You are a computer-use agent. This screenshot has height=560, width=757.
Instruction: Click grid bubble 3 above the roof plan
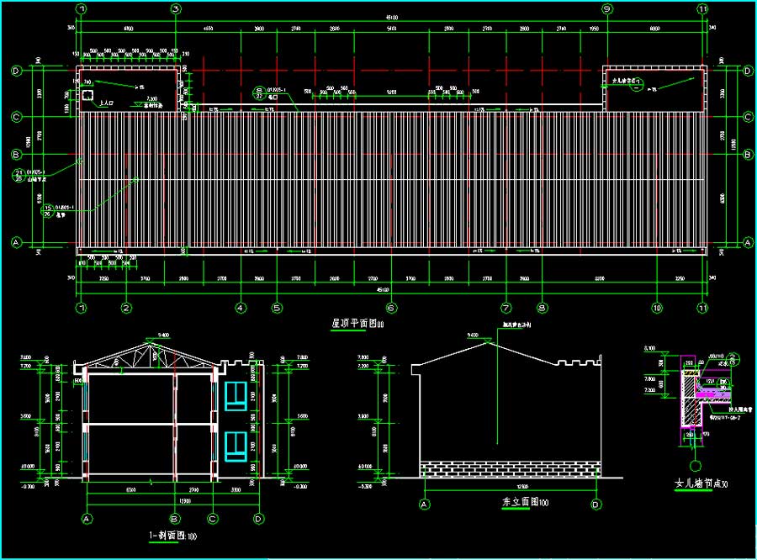[177, 8]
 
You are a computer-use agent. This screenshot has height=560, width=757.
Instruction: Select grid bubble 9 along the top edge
[606, 8]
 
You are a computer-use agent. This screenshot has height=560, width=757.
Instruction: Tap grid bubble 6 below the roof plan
[390, 308]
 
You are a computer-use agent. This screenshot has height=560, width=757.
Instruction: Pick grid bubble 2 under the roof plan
[126, 308]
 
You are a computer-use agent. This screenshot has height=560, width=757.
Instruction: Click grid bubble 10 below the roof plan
[656, 308]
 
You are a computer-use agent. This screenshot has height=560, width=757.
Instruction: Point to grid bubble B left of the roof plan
[15, 155]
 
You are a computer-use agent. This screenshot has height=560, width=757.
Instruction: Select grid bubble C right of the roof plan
[748, 117]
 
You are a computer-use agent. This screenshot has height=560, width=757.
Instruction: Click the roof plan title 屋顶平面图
[353, 324]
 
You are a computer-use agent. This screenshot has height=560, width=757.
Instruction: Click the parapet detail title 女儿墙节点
[697, 485]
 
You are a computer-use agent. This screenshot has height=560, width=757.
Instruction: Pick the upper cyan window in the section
[236, 397]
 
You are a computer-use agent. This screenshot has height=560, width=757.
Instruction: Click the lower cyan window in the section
[236, 446]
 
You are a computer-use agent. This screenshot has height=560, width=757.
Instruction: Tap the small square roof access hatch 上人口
[87, 96]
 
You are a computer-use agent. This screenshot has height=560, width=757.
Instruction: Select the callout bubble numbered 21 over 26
[19, 174]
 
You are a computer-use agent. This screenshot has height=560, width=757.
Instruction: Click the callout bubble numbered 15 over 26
[48, 209]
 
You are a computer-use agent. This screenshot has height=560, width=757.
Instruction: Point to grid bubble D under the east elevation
[596, 505]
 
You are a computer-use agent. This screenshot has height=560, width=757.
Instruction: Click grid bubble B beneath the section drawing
[175, 519]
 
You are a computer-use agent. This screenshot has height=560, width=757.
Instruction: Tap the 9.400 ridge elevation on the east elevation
[473, 335]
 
